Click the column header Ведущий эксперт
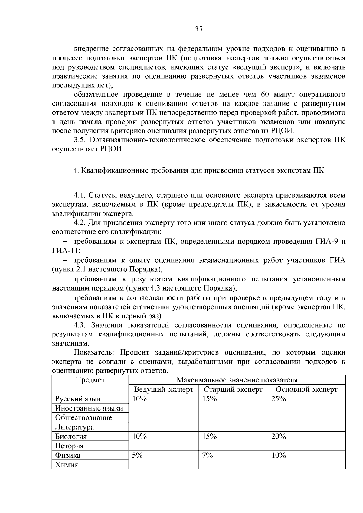[163, 389]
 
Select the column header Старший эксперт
[233, 389]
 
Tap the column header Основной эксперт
[306, 389]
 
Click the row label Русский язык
[78, 399]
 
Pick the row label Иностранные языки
[89, 408]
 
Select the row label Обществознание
[83, 418]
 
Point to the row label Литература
[74, 427]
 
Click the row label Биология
[71, 437]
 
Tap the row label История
[69, 446]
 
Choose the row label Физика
[68, 455]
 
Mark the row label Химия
[67, 465]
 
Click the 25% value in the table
[278, 399]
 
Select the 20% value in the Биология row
[278, 437]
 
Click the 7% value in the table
[208, 455]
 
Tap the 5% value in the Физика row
[137, 455]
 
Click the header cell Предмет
[90, 380]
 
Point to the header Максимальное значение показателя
[237, 380]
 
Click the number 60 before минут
[265, 95]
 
